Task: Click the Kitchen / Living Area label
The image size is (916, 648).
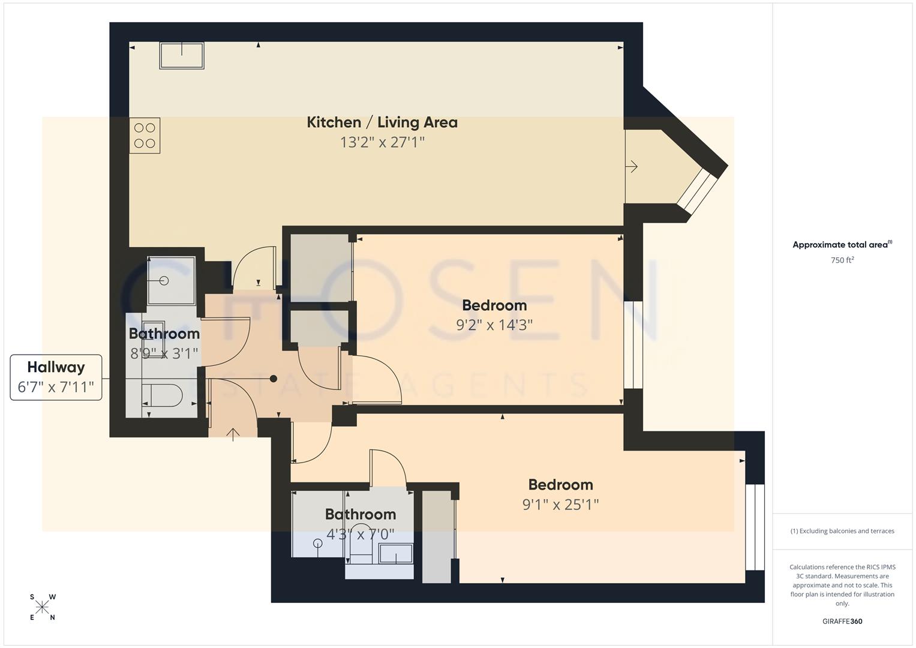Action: click(382, 122)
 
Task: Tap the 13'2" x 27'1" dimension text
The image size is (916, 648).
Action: click(382, 142)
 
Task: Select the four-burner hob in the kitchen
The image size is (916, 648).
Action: click(145, 136)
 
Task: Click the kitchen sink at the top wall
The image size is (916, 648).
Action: click(182, 55)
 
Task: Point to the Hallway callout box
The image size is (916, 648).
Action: click(56, 377)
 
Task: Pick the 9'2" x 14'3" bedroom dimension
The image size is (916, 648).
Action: click(494, 325)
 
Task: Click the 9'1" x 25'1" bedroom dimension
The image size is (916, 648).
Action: click(560, 505)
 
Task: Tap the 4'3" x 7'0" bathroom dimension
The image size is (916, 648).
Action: click(360, 533)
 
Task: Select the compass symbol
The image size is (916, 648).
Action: click(42, 607)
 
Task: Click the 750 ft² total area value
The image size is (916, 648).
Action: click(842, 260)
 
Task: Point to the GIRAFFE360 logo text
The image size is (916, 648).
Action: click(842, 622)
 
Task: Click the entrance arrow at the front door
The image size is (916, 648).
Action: click(233, 433)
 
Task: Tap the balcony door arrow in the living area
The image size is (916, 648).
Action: click(631, 166)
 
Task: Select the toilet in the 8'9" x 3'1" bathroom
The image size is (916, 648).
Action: click(163, 395)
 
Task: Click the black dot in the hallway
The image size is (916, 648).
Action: click(274, 379)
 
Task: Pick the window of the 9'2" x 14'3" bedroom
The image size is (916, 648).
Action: click(633, 345)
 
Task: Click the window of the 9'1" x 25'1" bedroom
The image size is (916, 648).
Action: click(755, 527)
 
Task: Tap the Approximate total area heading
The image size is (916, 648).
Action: click(842, 245)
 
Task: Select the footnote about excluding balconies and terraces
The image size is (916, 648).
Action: click(842, 531)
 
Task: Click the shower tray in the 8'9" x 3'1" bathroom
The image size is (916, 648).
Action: click(172, 281)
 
